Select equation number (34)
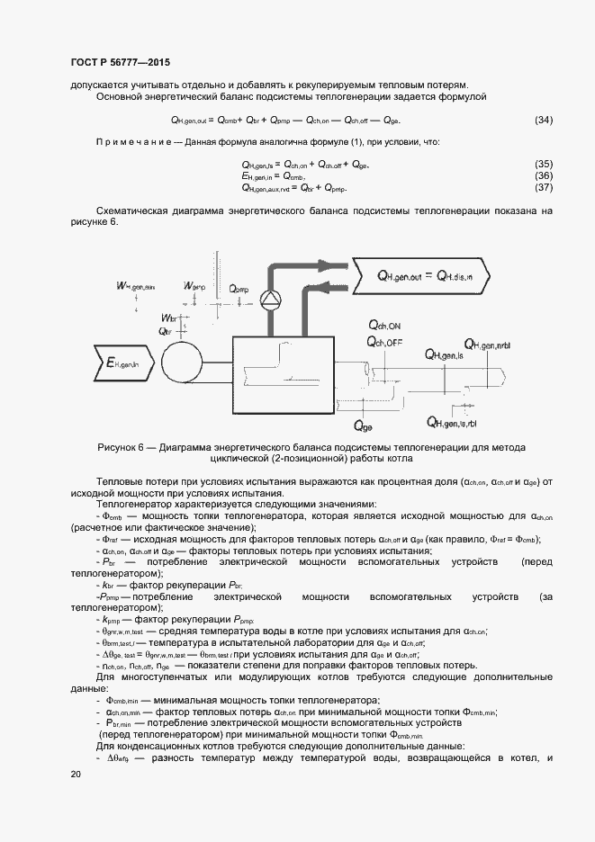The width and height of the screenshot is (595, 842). (544, 121)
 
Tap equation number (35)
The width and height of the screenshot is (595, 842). (544, 165)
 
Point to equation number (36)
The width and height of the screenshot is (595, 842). (544, 176)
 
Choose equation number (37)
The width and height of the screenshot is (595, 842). (544, 188)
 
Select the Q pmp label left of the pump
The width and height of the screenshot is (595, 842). (239, 289)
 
